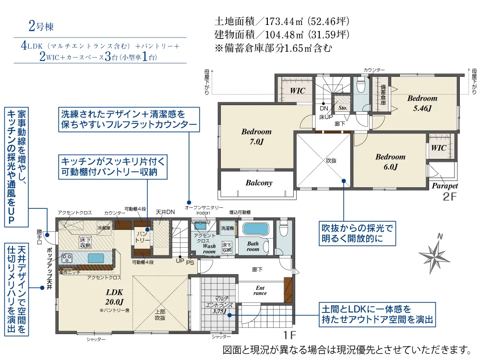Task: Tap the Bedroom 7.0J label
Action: (256, 137)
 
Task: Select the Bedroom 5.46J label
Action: (422, 103)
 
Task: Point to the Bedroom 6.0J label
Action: (390, 162)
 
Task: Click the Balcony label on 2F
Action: (259, 183)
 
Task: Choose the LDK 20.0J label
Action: (114, 297)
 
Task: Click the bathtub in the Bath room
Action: (256, 229)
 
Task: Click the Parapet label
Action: (444, 186)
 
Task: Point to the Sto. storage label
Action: (342, 108)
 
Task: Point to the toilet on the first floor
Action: (283, 228)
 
